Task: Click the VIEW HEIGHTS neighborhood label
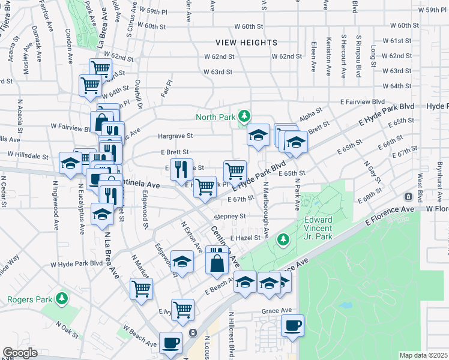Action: click(247, 43)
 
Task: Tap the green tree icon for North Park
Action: click(244, 115)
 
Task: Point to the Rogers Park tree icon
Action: click(61, 298)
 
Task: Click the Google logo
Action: click(20, 353)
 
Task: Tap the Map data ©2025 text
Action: click(423, 355)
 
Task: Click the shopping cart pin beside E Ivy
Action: click(182, 310)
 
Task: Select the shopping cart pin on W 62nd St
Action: click(100, 68)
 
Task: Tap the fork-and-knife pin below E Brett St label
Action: click(181, 169)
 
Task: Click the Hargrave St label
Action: click(175, 136)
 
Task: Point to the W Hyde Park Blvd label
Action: click(76, 263)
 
